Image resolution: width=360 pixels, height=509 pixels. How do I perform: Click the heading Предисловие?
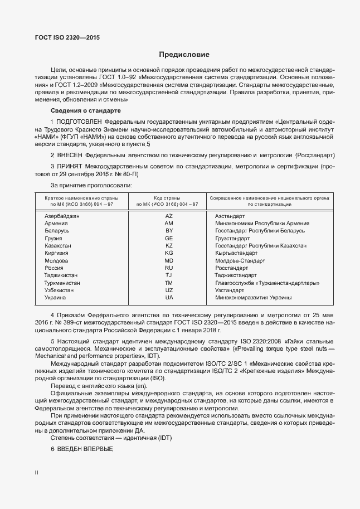tap(184, 55)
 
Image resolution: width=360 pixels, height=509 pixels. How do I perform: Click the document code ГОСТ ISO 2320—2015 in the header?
tap(64, 38)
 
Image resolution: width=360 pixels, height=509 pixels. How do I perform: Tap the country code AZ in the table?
tap(169, 215)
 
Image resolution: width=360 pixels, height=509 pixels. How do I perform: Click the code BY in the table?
tap(169, 230)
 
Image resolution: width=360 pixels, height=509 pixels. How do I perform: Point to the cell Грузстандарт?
tap(232, 238)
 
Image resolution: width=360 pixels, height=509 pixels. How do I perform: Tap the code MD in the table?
tap(169, 260)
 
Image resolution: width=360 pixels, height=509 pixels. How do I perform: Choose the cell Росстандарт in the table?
tap(231, 268)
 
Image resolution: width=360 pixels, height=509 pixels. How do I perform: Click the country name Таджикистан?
tap(61, 275)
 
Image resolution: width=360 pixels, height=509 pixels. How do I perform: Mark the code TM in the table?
tap(169, 283)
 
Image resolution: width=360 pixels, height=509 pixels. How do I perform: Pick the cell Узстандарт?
tap(230, 290)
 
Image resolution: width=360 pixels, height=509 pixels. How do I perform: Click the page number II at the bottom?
tap(37, 472)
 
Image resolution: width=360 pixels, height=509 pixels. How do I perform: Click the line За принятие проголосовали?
tap(91, 185)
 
